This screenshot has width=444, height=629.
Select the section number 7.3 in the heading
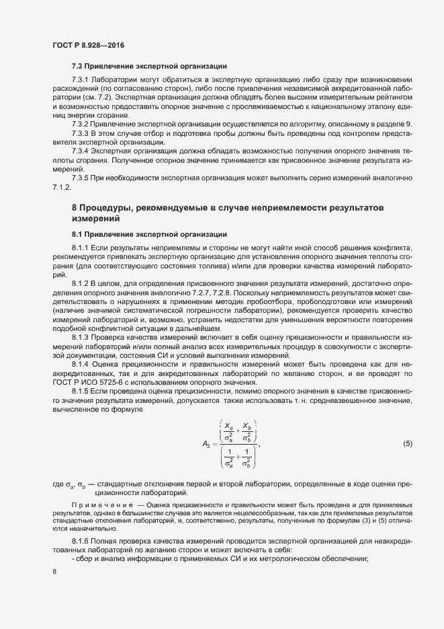pos(78,67)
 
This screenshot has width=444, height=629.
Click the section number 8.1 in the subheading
pos(78,233)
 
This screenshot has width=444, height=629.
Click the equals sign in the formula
pos(216,444)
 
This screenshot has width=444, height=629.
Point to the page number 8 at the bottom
pos(54,572)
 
